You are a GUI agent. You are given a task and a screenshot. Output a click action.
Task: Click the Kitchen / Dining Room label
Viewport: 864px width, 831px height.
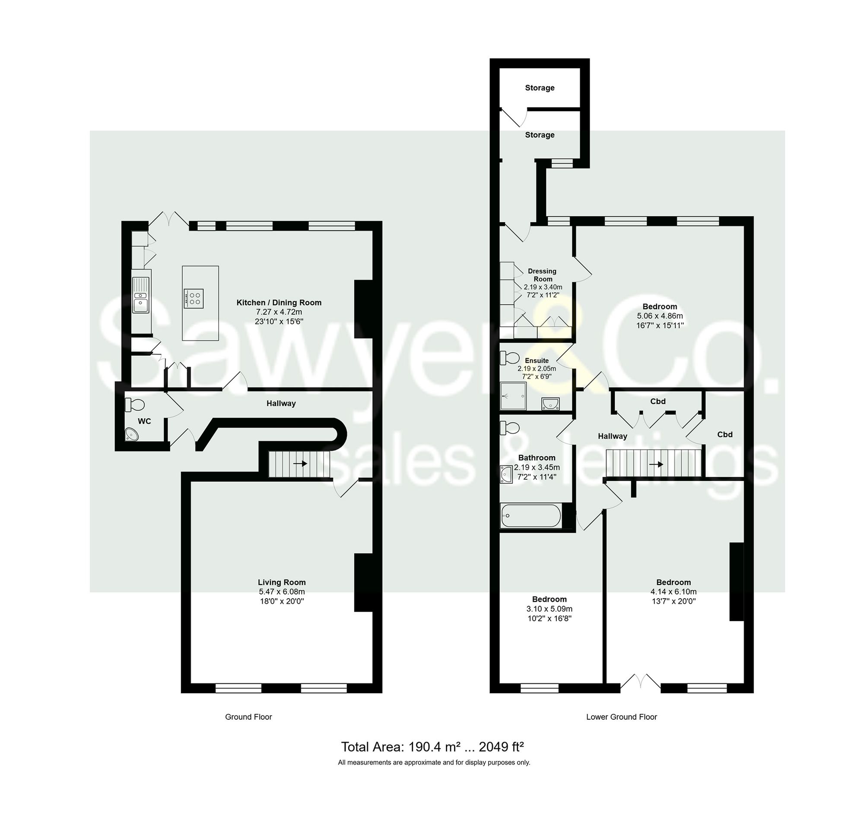click(x=279, y=303)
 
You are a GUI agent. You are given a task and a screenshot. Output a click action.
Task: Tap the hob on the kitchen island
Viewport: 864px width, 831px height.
click(x=194, y=298)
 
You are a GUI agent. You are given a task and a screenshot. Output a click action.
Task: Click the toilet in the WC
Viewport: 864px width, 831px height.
click(x=135, y=404)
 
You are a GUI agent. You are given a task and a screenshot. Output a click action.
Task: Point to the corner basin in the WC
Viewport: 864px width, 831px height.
click(x=131, y=435)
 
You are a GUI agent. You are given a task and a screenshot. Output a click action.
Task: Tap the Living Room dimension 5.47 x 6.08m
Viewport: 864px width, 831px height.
click(x=282, y=591)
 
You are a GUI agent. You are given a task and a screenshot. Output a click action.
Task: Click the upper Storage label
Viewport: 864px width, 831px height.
click(x=539, y=88)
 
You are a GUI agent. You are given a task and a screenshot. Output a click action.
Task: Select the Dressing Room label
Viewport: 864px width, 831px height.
click(x=542, y=275)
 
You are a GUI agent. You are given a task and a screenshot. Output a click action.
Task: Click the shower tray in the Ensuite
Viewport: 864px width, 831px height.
click(x=513, y=395)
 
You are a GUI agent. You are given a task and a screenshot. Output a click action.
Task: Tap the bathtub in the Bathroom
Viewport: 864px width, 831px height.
click(x=531, y=516)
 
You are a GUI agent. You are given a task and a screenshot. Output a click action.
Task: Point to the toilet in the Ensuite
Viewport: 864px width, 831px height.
click(x=510, y=357)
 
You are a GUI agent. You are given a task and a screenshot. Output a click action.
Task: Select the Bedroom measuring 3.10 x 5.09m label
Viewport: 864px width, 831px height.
click(x=549, y=599)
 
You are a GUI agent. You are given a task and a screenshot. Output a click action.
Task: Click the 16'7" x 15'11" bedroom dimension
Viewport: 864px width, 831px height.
click(x=660, y=325)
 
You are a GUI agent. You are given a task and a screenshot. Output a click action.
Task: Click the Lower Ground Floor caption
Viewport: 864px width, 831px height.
click(x=621, y=717)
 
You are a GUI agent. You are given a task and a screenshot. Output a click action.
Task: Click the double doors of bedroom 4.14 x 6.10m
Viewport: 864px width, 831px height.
click(x=641, y=682)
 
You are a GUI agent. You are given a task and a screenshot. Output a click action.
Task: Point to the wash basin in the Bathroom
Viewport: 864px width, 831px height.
click(x=506, y=474)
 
